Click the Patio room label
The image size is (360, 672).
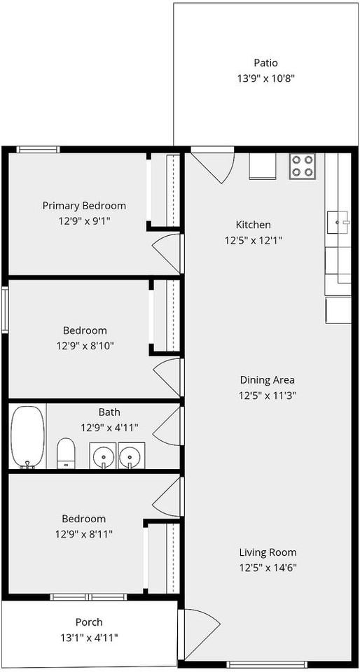tap(265, 63)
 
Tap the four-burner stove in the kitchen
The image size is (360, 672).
tap(303, 166)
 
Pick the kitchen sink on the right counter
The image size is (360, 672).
tap(338, 222)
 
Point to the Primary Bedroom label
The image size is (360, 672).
tap(84, 206)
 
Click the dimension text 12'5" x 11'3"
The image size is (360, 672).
tap(267, 395)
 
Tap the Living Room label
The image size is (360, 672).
tap(268, 552)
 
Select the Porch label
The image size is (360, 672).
tap(89, 622)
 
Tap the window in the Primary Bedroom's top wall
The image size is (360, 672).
tap(38, 149)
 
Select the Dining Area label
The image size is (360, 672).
tap(267, 380)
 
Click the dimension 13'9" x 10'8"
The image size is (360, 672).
tap(265, 78)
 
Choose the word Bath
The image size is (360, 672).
tap(109, 412)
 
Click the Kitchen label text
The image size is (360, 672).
tap(253, 225)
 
